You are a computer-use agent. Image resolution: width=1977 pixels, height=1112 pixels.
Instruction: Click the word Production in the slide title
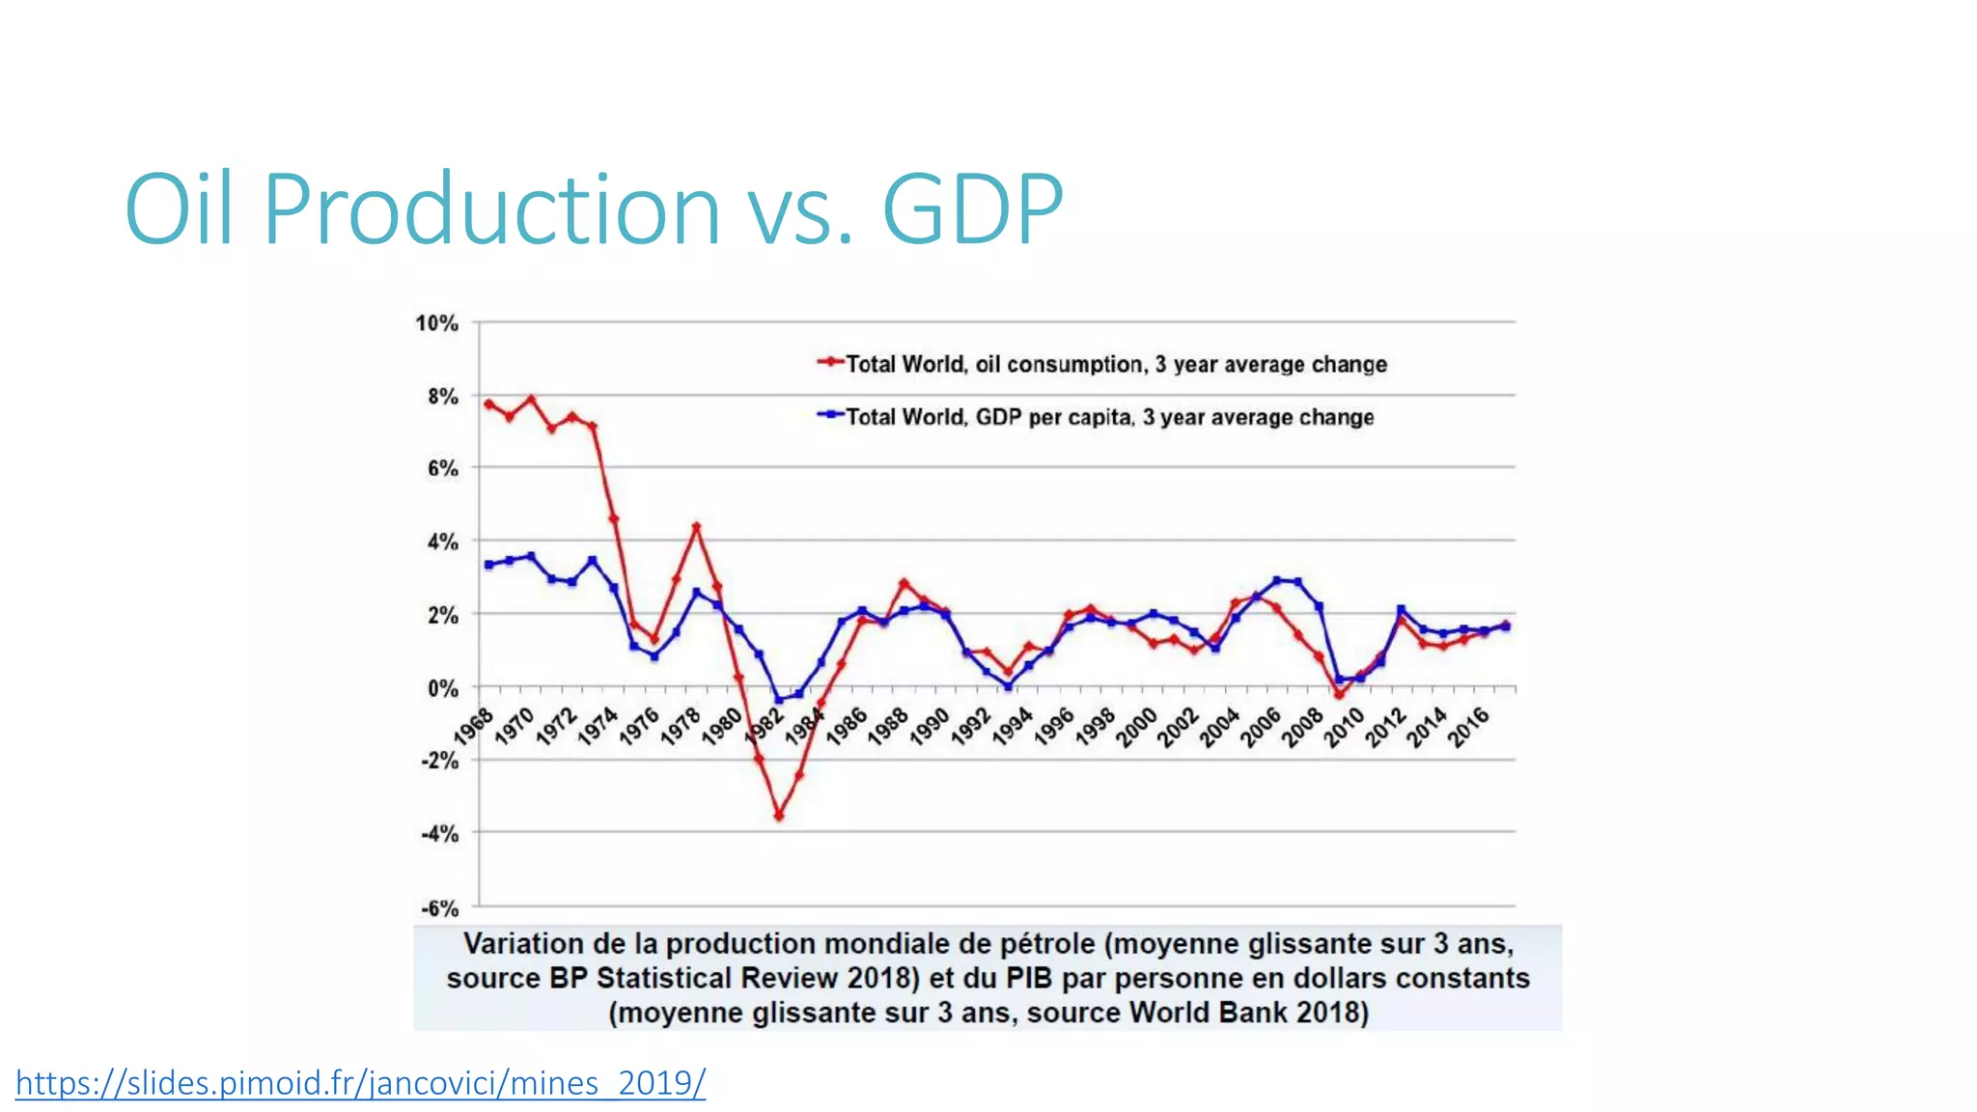tap(491, 208)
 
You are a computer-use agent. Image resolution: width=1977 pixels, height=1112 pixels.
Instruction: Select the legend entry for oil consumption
tap(1115, 364)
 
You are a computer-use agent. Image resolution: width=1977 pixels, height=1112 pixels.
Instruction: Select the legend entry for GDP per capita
tap(1109, 417)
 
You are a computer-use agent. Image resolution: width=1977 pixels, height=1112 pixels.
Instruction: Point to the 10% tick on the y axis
tap(436, 323)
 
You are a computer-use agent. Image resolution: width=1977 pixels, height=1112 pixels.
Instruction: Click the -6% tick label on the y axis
tap(439, 908)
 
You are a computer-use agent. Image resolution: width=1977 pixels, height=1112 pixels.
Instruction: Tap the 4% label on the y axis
tap(442, 542)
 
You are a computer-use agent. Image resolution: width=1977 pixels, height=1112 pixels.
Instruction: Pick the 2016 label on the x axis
tap(1469, 727)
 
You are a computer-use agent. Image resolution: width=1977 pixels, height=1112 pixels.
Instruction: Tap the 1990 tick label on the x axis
tap(930, 727)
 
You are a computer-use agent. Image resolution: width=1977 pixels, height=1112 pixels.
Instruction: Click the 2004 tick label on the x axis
tap(1220, 727)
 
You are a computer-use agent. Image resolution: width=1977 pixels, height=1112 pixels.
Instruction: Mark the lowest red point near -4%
tap(779, 816)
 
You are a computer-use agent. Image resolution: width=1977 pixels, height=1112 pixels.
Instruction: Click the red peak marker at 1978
tap(696, 527)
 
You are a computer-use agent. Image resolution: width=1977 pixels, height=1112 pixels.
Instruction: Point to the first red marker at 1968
tap(488, 403)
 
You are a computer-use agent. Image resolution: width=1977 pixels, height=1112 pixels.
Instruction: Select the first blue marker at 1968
tap(488, 565)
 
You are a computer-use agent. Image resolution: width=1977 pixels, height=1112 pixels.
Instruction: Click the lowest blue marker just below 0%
tap(779, 700)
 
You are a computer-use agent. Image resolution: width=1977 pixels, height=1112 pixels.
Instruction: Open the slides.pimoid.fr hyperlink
tap(360, 1083)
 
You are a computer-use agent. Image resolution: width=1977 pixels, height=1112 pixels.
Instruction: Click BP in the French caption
tap(570, 978)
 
